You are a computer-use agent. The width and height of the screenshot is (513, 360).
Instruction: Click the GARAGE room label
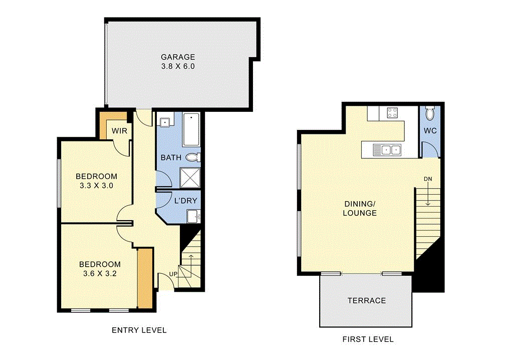(x=178, y=57)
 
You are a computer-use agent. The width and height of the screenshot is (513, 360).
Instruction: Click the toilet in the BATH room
(x=193, y=157)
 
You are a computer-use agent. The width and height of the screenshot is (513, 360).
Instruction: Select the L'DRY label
(x=185, y=201)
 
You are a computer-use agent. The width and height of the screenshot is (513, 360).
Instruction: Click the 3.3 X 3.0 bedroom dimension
(x=96, y=186)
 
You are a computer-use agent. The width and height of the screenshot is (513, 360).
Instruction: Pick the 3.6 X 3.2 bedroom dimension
(x=99, y=274)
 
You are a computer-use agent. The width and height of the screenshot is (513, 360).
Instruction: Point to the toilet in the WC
(x=430, y=114)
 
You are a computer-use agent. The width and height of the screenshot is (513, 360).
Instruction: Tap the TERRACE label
(x=367, y=300)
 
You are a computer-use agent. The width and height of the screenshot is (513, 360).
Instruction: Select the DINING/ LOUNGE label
(x=360, y=209)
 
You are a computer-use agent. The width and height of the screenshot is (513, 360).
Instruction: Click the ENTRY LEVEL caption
(x=139, y=330)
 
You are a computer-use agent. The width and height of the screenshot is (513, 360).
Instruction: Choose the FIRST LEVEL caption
(x=368, y=339)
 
